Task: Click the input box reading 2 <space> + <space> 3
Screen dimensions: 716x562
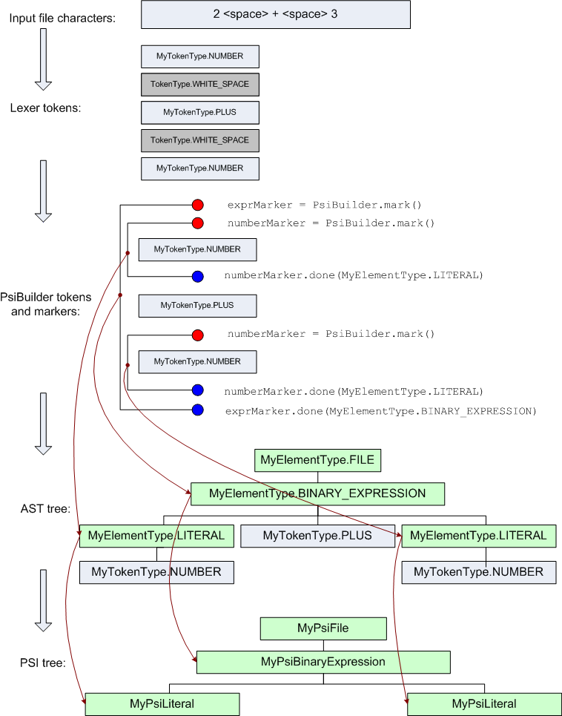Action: (x=275, y=15)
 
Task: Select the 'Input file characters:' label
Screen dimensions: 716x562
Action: (x=62, y=17)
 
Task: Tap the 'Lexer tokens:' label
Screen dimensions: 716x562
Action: (x=45, y=108)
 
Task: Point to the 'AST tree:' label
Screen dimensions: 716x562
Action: (x=45, y=508)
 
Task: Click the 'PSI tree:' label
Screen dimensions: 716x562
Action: (x=43, y=663)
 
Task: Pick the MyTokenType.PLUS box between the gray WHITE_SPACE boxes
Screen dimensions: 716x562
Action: (x=199, y=112)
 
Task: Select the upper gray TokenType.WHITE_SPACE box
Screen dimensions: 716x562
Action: (x=199, y=85)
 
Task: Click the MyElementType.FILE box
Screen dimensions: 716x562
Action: (x=317, y=460)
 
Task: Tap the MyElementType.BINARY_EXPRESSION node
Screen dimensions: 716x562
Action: (x=317, y=493)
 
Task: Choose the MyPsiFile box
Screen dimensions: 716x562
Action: (x=323, y=628)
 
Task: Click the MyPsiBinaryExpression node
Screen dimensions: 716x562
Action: (x=323, y=662)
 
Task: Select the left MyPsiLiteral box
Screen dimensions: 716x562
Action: (x=162, y=703)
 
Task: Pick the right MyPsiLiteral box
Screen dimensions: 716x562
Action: (x=484, y=703)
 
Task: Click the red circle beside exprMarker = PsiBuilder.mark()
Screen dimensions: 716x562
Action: (x=197, y=205)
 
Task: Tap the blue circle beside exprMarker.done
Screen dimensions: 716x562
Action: (x=197, y=410)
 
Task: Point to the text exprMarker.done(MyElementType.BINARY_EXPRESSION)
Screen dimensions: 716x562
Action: (x=380, y=411)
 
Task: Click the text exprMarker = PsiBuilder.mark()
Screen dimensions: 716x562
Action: (x=330, y=205)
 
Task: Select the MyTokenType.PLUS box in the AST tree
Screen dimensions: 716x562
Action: (x=317, y=536)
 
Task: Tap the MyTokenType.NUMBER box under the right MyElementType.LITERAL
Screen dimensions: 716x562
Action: (x=478, y=572)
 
